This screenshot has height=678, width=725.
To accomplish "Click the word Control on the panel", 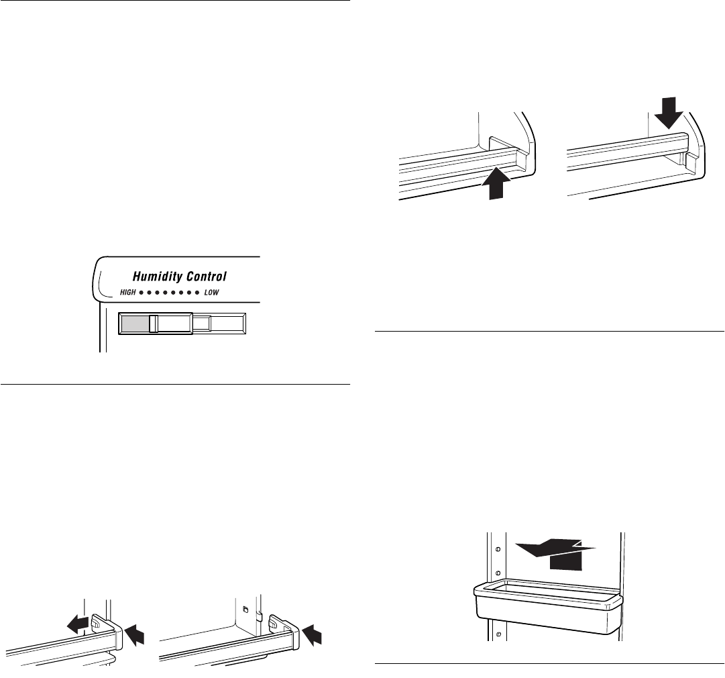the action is coord(203,276).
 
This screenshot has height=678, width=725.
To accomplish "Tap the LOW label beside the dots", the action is coord(212,293).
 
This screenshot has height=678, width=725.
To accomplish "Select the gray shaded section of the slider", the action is coord(134,324).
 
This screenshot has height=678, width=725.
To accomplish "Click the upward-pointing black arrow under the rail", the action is coord(496,186).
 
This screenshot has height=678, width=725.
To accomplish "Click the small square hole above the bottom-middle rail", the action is coord(246,610).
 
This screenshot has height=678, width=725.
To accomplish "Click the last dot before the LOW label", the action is coord(197,294).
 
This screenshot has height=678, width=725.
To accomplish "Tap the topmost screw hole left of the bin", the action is coord(496,548).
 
